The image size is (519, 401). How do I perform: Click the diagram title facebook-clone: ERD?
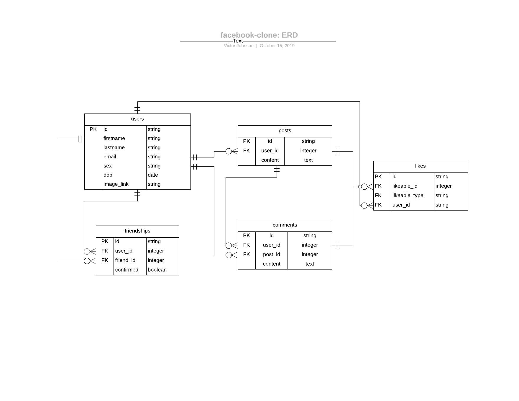click(259, 35)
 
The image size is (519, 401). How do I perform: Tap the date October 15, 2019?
click(277, 46)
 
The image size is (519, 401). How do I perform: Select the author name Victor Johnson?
click(239, 46)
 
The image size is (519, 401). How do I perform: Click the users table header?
click(137, 119)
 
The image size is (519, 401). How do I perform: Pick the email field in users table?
click(110, 157)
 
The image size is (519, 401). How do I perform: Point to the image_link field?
click(116, 184)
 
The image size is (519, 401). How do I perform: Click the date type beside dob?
click(153, 175)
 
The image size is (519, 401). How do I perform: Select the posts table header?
click(285, 131)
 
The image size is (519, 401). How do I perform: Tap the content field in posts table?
click(270, 160)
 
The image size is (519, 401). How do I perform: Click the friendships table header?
click(137, 231)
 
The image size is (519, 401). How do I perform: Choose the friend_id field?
click(125, 260)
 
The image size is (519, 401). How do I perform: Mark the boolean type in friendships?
click(157, 270)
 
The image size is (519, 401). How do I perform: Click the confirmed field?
click(127, 270)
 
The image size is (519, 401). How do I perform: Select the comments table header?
click(285, 225)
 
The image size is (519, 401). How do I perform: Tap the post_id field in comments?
click(271, 254)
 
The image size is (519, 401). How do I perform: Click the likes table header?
click(420, 166)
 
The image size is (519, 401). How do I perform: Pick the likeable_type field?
click(408, 195)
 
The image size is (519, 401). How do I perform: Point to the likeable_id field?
click(405, 186)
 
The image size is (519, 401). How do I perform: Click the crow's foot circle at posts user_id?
click(229, 151)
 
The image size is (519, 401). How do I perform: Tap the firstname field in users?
click(114, 138)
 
